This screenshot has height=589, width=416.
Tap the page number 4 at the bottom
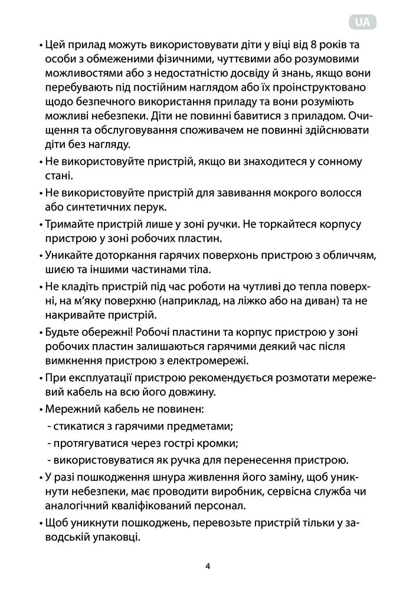click(208, 567)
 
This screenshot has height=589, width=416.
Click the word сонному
click(339, 161)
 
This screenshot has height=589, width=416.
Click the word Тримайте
click(67, 224)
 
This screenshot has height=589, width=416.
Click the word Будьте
click(62, 332)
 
